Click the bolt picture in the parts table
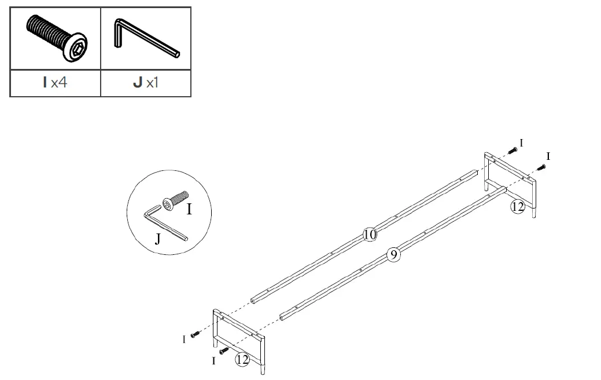click(56, 38)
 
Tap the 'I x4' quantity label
click(55, 83)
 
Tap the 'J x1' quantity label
click(145, 83)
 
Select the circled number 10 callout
click(370, 234)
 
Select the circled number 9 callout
click(393, 254)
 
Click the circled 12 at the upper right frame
click(518, 206)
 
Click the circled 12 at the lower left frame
click(242, 360)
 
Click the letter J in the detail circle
click(157, 238)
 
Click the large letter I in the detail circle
click(189, 209)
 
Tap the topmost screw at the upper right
click(512, 151)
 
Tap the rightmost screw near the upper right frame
click(541, 167)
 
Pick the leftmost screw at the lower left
click(196, 334)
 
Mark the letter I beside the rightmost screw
click(548, 156)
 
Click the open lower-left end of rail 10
click(255, 300)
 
